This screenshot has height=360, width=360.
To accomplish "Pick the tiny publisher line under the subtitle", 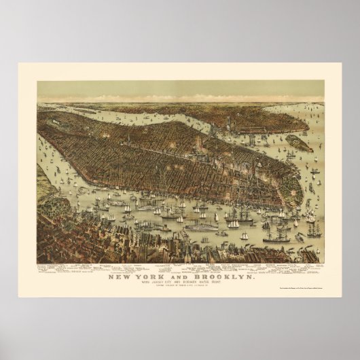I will (180, 281).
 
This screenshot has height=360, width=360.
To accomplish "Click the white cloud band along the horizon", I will (180, 96).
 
